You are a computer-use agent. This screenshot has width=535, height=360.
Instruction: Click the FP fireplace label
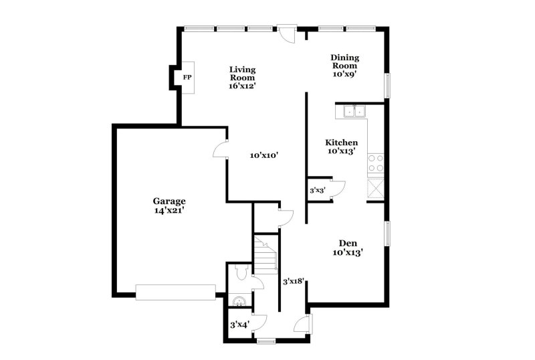(188, 78)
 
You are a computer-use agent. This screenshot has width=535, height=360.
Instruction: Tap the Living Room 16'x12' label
(243, 77)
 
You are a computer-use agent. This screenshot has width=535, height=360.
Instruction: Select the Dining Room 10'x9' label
(344, 66)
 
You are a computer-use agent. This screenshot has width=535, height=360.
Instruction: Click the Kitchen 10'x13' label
(341, 147)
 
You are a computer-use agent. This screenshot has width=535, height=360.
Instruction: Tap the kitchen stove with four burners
(376, 163)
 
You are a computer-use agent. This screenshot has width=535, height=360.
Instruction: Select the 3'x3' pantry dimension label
(317, 191)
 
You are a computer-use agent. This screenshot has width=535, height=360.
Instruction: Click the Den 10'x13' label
(347, 248)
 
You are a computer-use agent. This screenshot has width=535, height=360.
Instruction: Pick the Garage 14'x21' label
(169, 205)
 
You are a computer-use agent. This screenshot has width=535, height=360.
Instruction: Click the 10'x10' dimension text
(263, 155)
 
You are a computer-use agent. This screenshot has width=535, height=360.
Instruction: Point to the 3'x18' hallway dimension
(294, 282)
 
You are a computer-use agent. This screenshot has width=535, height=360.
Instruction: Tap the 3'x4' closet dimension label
(239, 325)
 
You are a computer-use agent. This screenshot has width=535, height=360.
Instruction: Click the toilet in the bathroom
(243, 273)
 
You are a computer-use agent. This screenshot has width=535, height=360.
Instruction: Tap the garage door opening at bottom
(175, 292)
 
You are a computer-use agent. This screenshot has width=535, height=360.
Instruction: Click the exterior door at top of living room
(288, 33)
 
